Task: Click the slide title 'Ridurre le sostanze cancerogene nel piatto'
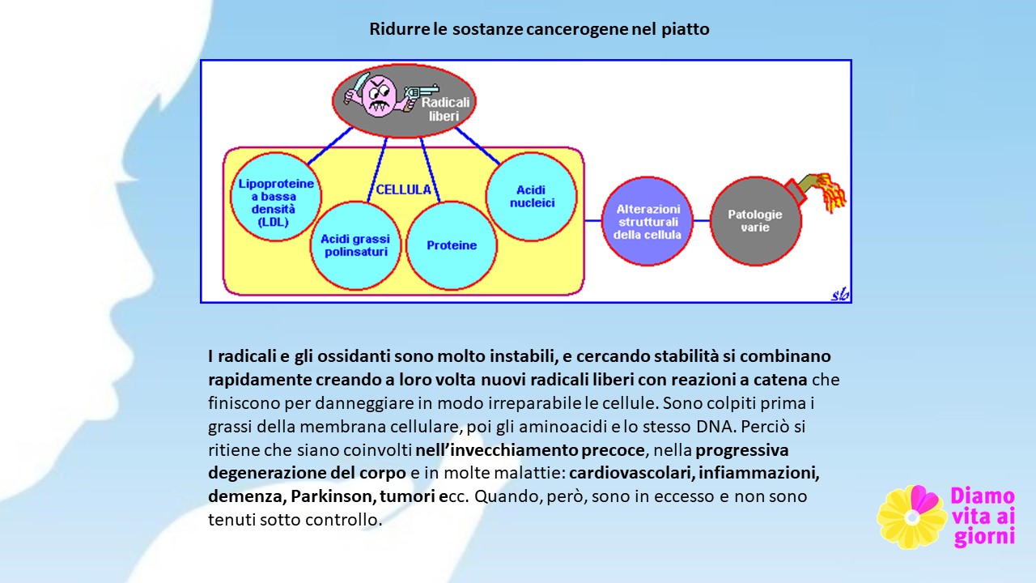click(539, 29)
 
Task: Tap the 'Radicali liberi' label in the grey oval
click(444, 109)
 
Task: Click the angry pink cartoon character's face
click(380, 96)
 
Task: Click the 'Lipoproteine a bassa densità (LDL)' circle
click(276, 197)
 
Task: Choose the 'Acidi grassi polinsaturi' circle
click(355, 245)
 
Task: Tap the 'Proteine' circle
click(452, 245)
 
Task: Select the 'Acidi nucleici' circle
click(532, 197)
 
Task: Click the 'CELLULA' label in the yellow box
click(403, 189)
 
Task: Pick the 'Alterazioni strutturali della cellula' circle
click(647, 221)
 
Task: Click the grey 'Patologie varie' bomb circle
click(756, 221)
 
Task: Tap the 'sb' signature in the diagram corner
click(840, 294)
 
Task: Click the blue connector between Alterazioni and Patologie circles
click(702, 221)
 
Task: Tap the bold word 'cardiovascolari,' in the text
click(631, 473)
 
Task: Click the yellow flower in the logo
click(911, 517)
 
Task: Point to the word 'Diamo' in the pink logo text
click(983, 496)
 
